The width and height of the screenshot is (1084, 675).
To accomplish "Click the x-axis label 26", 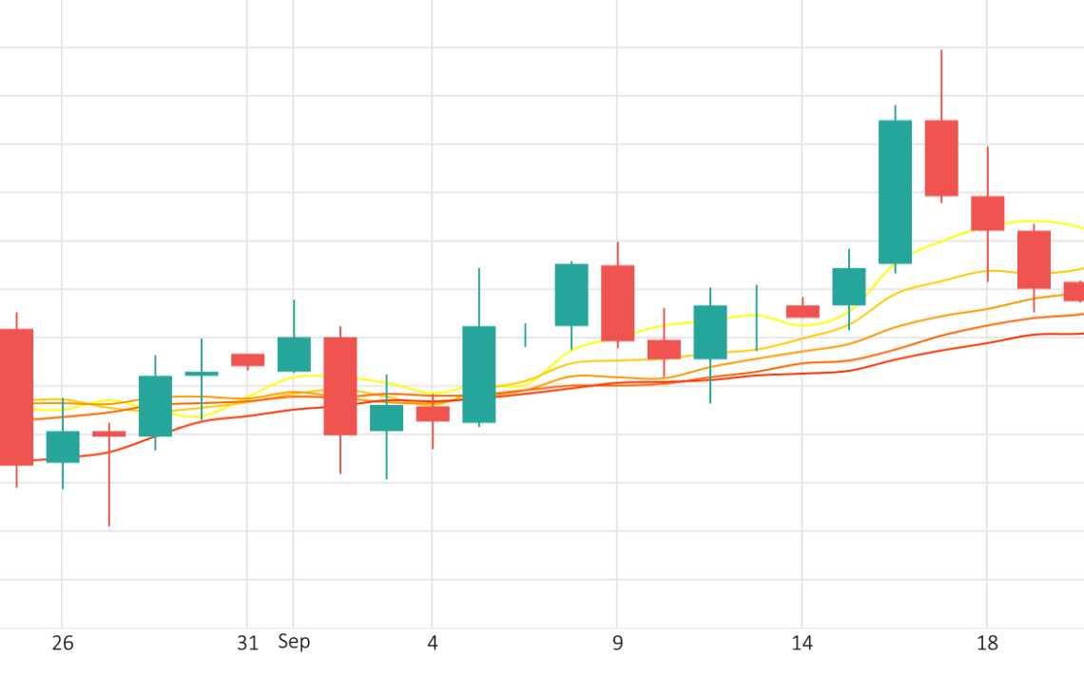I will pos(63,644).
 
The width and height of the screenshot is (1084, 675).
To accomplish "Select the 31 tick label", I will pos(247,644).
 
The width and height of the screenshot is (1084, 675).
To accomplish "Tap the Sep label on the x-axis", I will pos(294,642).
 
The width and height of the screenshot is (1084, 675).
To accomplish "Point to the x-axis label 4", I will pos(433,644).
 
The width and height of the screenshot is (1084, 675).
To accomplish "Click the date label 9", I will pos(618,644).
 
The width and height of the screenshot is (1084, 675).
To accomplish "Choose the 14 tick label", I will pos(803,644).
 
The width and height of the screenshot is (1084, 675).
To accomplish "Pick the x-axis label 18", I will pos(988,644).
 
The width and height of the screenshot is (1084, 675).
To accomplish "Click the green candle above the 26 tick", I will pos(63,447).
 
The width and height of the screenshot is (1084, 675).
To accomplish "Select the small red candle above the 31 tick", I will pos(247,359).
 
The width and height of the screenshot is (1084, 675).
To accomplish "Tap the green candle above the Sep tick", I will pos(294,354).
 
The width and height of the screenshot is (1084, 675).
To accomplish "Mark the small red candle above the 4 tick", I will pos(433,414).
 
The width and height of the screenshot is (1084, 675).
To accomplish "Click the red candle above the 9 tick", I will pos(618,302).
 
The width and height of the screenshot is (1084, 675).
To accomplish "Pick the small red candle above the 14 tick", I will pos(803,311).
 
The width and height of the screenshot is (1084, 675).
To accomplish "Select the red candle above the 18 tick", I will pos(988,213).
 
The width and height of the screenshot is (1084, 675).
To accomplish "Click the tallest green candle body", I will pos(895,191).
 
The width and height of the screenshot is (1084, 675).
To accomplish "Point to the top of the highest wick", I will pos(941,50).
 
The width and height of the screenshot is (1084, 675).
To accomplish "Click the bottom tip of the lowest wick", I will pos(109,526).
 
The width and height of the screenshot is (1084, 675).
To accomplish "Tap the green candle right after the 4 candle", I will pos(479,374).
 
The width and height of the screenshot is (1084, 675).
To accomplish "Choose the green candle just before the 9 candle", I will pos(571,295).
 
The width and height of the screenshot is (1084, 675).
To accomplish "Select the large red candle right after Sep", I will pos(340,386).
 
